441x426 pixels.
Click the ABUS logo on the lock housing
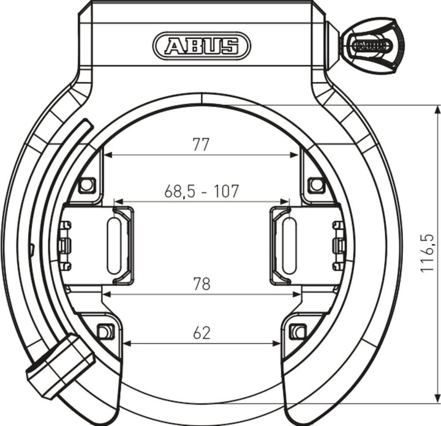[x=202, y=46]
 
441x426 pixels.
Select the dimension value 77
[x=201, y=144]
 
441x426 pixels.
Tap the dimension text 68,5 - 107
[x=201, y=192]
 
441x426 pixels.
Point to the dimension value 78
[x=201, y=284]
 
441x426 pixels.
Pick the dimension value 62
[x=201, y=333]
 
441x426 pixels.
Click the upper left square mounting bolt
[x=87, y=184]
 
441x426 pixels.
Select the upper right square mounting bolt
[x=315, y=184]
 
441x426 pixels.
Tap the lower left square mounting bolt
[x=105, y=332]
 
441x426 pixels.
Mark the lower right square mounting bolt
[x=298, y=332]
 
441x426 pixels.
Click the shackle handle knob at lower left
[x=58, y=366]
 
